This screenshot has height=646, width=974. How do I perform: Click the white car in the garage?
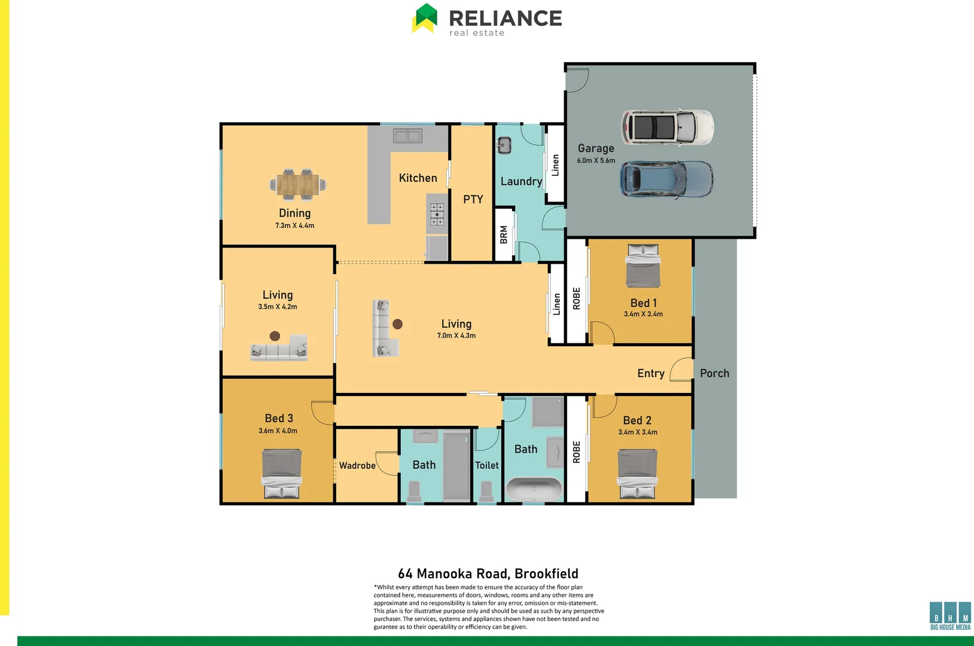click(x=667, y=127)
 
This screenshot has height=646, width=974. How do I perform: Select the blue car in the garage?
click(x=666, y=179)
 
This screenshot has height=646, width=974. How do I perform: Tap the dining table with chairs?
click(x=298, y=184)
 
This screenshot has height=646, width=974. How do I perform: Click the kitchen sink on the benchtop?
click(x=407, y=136)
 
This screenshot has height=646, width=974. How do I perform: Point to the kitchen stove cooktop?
click(x=437, y=215)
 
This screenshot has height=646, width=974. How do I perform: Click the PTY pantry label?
click(x=473, y=199)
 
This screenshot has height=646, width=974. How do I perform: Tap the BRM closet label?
click(x=504, y=234)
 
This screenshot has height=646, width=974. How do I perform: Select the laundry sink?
click(x=504, y=145)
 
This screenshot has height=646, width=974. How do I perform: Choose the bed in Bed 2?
click(x=637, y=473)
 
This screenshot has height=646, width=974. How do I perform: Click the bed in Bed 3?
click(x=282, y=473)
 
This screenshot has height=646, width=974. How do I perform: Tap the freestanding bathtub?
click(x=534, y=489)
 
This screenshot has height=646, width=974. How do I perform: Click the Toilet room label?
click(x=486, y=465)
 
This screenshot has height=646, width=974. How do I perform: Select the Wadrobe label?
click(x=357, y=465)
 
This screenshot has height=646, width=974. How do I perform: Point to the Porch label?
click(x=714, y=373)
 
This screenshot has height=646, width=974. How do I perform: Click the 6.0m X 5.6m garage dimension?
click(x=596, y=160)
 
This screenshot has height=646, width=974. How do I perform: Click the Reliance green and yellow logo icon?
click(x=425, y=19)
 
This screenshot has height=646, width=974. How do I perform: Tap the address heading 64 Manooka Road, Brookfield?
click(x=488, y=574)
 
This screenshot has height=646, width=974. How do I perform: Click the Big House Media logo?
click(x=950, y=615)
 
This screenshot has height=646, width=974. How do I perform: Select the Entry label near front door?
click(x=650, y=373)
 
